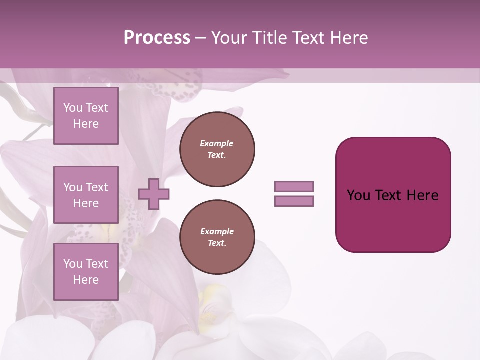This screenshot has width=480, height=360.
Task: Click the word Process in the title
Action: point(157,38)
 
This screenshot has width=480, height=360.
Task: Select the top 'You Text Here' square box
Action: point(86,116)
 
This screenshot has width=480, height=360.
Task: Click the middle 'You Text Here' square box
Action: point(86,195)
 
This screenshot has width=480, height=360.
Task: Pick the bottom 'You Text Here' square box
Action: point(86,271)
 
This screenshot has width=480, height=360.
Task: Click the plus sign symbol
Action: point(154,194)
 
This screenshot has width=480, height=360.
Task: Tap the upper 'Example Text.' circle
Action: point(217,149)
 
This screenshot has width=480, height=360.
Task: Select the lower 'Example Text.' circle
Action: point(217,237)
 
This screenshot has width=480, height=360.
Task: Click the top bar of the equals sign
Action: point(294,186)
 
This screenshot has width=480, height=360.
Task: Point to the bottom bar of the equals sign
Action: point(294,201)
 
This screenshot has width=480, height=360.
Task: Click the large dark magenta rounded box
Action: point(393,220)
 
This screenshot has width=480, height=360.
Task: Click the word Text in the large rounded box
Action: point(388,195)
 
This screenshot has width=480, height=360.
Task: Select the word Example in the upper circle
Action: point(216,143)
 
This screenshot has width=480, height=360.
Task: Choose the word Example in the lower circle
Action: point(217,231)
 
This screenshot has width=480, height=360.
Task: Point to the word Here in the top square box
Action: point(86,124)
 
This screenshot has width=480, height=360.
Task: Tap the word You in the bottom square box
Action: point(73,264)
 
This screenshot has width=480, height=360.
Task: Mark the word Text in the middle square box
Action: point(97,187)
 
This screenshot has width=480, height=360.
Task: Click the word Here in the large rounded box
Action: point(422,195)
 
